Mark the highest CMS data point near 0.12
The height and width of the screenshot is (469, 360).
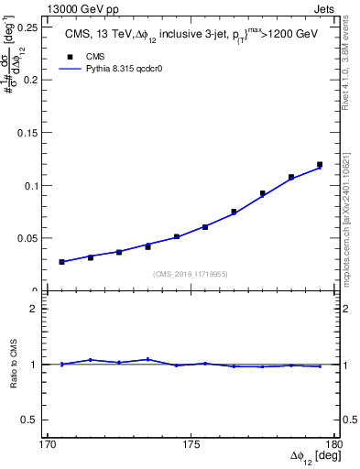click(320, 165)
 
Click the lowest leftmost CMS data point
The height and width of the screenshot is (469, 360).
click(61, 262)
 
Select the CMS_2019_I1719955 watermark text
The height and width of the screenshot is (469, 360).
click(191, 273)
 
